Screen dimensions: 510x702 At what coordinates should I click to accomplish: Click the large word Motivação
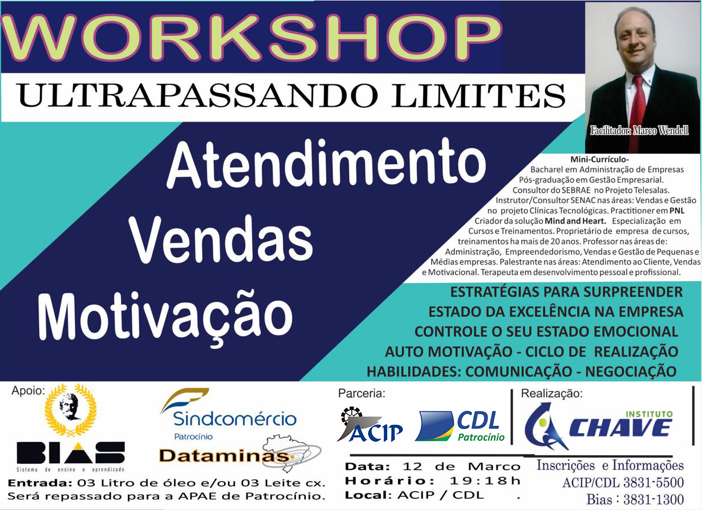pyautogui.click(x=165, y=313)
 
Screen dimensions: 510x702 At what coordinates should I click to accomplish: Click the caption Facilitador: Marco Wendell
pyautogui.click(x=639, y=130)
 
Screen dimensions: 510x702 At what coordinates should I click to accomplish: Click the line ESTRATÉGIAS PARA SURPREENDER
pyautogui.click(x=566, y=292)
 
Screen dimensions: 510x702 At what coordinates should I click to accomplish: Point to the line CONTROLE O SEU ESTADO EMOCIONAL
pyautogui.click(x=546, y=331)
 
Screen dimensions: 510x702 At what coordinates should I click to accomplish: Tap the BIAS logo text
pyautogui.click(x=71, y=452)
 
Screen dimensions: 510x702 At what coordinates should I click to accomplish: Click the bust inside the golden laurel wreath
pyautogui.click(x=71, y=407)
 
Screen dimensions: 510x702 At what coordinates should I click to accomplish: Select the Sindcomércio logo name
pyautogui.click(x=234, y=419)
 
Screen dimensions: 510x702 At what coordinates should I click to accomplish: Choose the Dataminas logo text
pyautogui.click(x=223, y=456)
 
